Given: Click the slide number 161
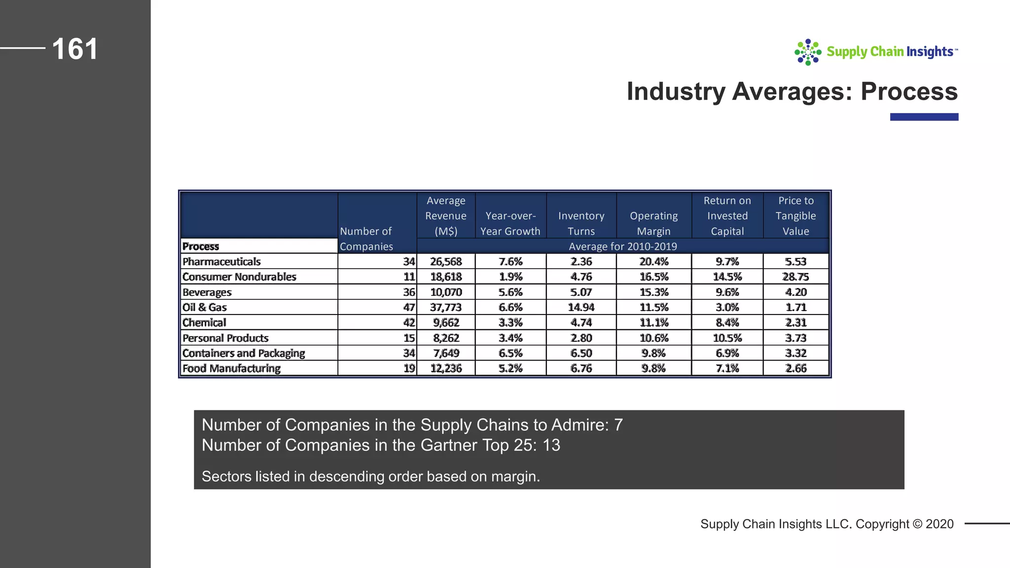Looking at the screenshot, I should click(75, 49).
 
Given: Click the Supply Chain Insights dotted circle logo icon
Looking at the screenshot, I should click(807, 52).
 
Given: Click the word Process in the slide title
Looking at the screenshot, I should click(909, 92).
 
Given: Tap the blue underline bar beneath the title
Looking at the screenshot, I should click(924, 117).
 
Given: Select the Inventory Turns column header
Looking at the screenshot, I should click(581, 223).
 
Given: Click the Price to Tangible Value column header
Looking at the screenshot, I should click(795, 216).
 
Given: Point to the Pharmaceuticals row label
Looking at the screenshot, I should click(221, 262).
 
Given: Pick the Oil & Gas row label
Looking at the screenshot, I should click(205, 308).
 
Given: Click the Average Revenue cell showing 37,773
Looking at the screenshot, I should click(446, 308).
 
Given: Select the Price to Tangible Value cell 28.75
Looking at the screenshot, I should click(795, 277).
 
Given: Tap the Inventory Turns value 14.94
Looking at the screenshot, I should click(581, 308).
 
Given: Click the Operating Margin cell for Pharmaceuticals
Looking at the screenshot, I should click(653, 262).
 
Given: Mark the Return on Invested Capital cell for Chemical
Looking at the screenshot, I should click(727, 323).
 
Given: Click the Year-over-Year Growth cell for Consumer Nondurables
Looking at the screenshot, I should click(510, 277).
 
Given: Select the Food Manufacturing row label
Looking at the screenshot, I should click(231, 369).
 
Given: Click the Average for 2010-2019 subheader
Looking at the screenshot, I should click(622, 247).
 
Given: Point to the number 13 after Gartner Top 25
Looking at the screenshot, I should click(551, 445).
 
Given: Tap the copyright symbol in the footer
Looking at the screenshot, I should click(917, 524).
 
